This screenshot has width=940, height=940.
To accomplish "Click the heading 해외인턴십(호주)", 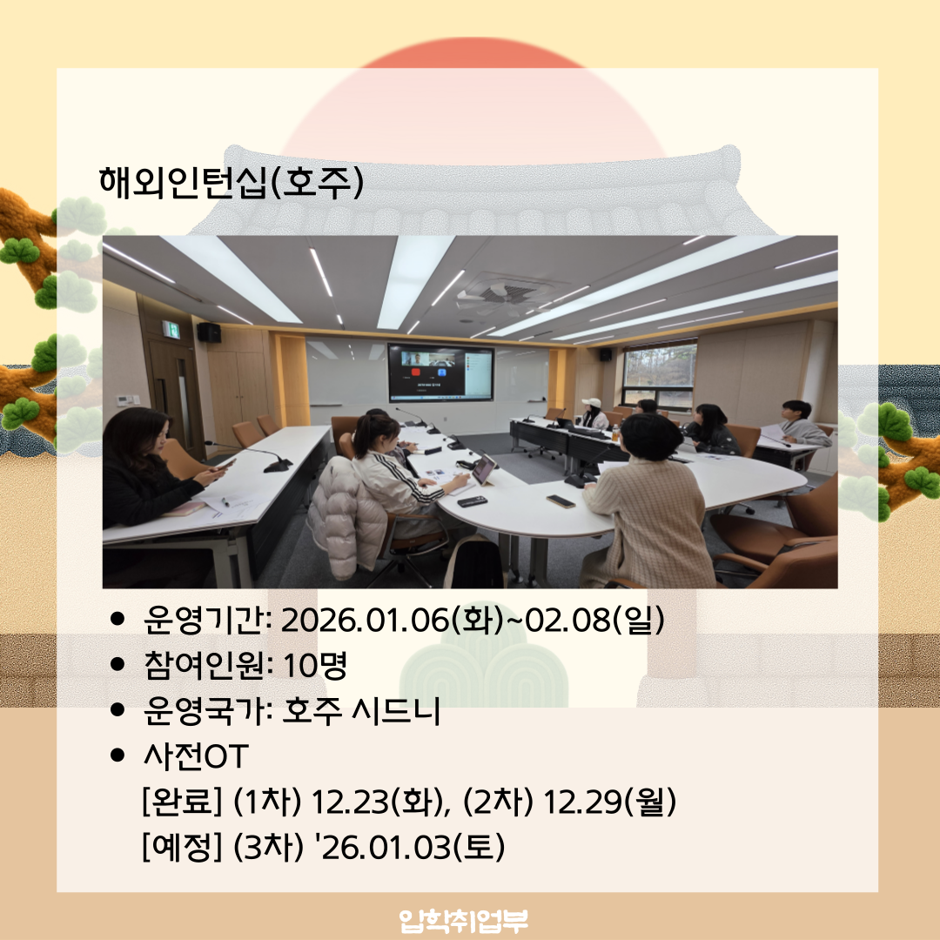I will point(231,183).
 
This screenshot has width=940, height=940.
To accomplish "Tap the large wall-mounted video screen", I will point(440,373).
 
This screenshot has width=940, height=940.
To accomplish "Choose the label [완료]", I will point(182,802).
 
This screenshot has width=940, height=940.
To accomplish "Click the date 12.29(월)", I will point(609,802).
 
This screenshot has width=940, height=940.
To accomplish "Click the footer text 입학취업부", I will point(464,919).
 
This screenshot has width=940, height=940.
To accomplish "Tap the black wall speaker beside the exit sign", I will point(209,332).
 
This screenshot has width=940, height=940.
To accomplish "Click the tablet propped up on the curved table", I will point(484,470).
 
